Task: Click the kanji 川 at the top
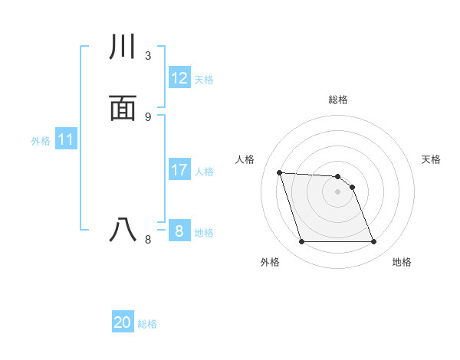pyautogui.click(x=123, y=47)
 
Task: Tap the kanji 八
pyautogui.click(x=123, y=230)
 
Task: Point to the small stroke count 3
pyautogui.click(x=148, y=56)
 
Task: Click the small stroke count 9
pyautogui.click(x=148, y=116)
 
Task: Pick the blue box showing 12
pyautogui.click(x=179, y=78)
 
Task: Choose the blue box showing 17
pyautogui.click(x=179, y=170)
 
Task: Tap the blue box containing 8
pyautogui.click(x=179, y=231)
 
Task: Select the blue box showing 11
pyautogui.click(x=66, y=140)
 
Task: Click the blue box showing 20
pyautogui.click(x=123, y=322)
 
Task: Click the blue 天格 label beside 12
pyautogui.click(x=204, y=80)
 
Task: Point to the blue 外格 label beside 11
pyautogui.click(x=41, y=141)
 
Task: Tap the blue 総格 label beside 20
pyautogui.click(x=147, y=324)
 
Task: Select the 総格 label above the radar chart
pyautogui.click(x=338, y=100)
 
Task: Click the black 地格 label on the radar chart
pyautogui.click(x=402, y=263)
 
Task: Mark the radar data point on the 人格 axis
pyautogui.click(x=280, y=173)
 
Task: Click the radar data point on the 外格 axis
pyautogui.click(x=301, y=242)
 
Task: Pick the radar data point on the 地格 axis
pyautogui.click(x=373, y=242)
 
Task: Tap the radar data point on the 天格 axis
pyautogui.click(x=352, y=187)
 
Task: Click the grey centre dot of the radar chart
pyautogui.click(x=337, y=191)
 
